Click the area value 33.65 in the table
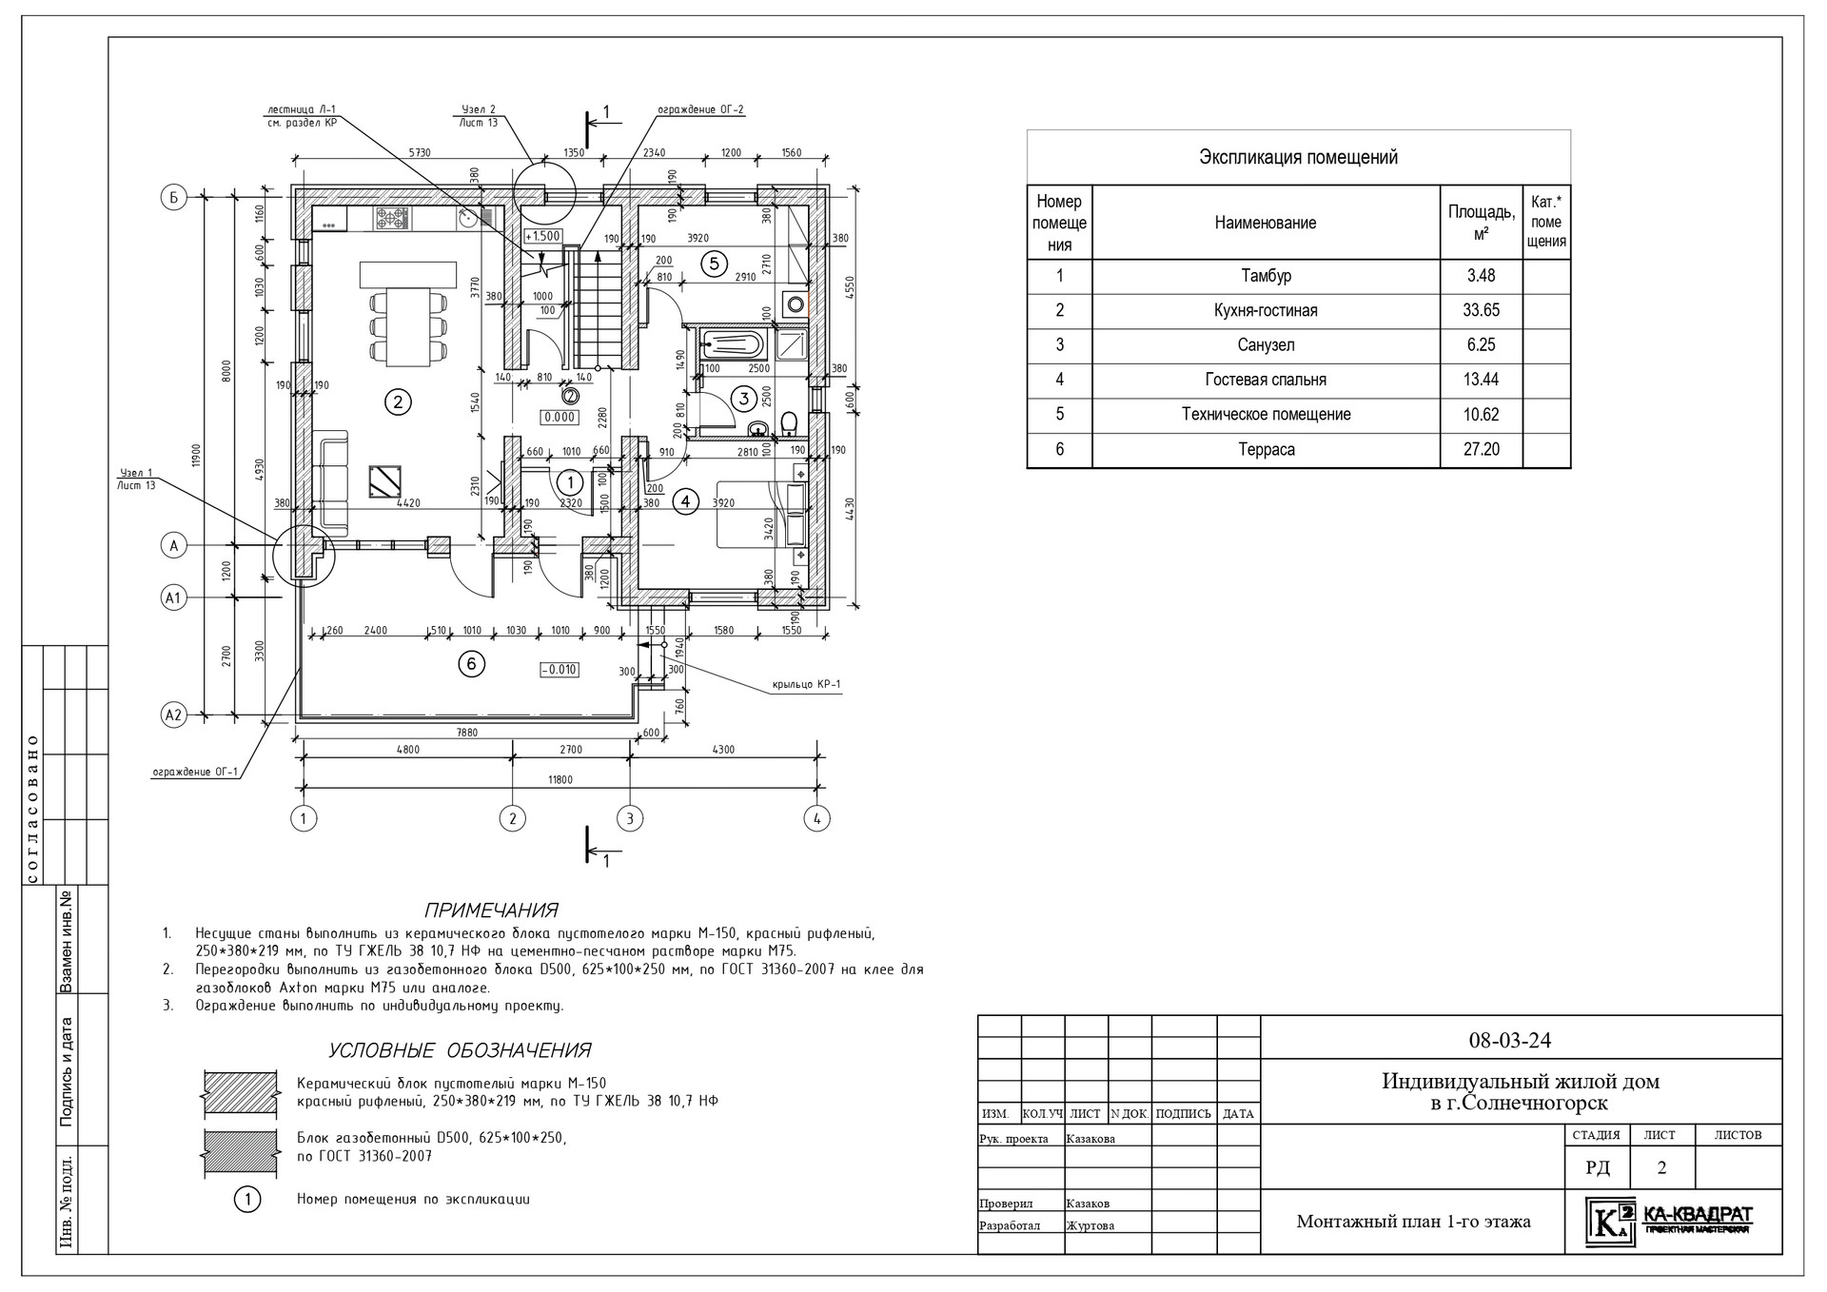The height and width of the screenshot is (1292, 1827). pyautogui.click(x=1481, y=310)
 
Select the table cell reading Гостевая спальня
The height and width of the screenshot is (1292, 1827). pyautogui.click(x=1265, y=380)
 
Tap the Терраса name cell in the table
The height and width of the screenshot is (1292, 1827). pyautogui.click(x=1266, y=449)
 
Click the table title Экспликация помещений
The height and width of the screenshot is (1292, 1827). pyautogui.click(x=1298, y=158)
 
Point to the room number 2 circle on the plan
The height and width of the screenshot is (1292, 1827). pyautogui.click(x=397, y=402)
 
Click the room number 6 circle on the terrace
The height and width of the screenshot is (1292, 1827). pyautogui.click(x=472, y=664)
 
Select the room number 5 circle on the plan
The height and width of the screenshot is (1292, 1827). pyautogui.click(x=714, y=264)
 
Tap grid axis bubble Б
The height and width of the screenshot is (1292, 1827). pyautogui.click(x=173, y=198)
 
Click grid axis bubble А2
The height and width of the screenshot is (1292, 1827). pyautogui.click(x=173, y=715)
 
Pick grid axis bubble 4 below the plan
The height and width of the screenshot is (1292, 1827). pyautogui.click(x=816, y=817)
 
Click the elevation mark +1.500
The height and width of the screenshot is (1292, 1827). pyautogui.click(x=543, y=236)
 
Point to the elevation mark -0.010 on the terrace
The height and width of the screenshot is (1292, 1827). pyautogui.click(x=559, y=669)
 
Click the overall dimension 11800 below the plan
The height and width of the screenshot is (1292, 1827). pyautogui.click(x=561, y=780)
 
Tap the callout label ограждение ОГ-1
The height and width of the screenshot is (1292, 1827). pyautogui.click(x=194, y=772)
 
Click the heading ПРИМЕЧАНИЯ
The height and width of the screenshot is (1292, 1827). pyautogui.click(x=491, y=910)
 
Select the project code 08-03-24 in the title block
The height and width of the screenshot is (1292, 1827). pyautogui.click(x=1509, y=1040)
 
